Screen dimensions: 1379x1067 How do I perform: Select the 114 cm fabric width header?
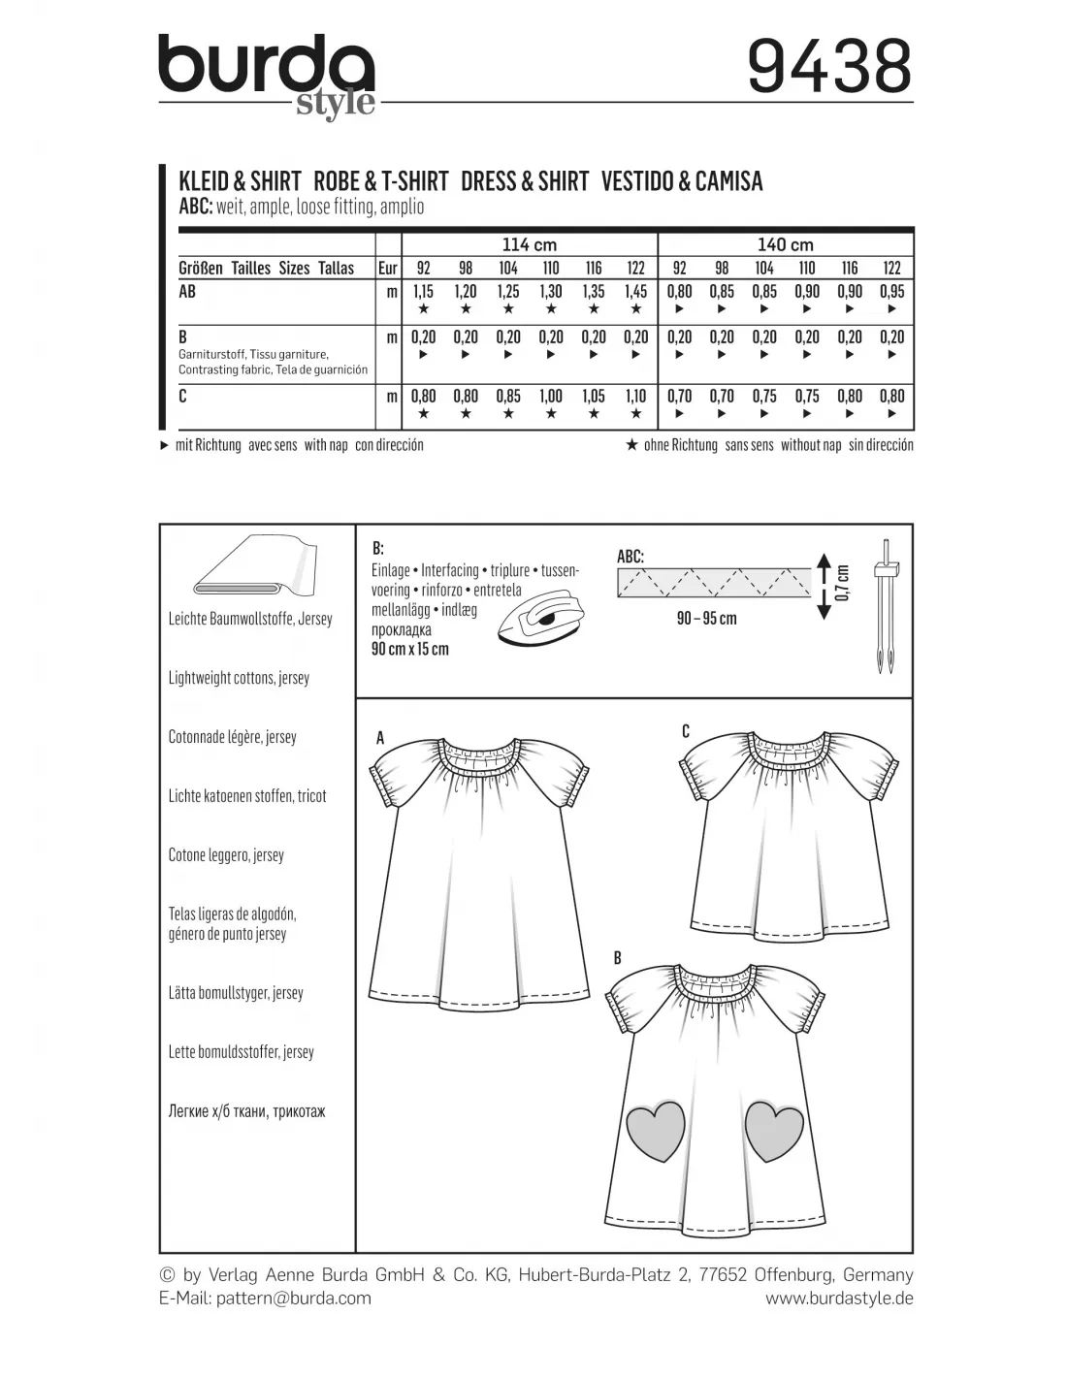529,244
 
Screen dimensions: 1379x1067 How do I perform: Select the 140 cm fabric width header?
785,244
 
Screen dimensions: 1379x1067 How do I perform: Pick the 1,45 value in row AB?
635,291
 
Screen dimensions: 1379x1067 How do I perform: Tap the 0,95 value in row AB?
891,291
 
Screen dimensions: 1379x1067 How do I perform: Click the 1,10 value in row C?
635,396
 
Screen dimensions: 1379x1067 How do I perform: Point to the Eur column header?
387,268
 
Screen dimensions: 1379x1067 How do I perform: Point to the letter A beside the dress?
380,739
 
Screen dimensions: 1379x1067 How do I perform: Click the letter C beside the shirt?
686,731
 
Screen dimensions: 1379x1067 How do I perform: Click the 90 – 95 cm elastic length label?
706,619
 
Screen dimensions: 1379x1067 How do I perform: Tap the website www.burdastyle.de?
839,1298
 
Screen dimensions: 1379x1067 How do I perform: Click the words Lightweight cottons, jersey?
239,678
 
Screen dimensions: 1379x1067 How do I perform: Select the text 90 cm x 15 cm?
409,649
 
